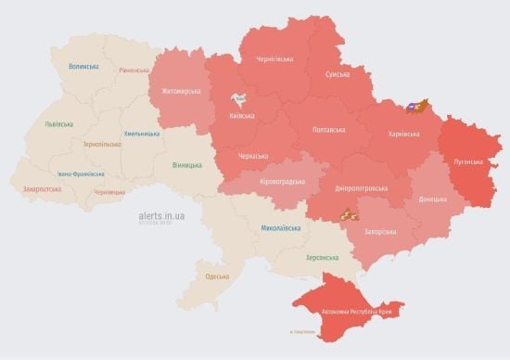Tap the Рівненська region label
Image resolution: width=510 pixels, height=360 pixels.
[134, 71]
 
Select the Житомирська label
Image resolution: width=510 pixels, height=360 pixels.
[181, 91]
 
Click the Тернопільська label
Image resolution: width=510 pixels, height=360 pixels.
[101, 144]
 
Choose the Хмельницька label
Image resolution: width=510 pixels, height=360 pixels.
[141, 133]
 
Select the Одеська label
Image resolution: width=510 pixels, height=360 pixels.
[217, 276]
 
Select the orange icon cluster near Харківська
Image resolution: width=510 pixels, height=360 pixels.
[417, 107]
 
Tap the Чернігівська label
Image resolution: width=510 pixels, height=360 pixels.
[274, 58]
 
